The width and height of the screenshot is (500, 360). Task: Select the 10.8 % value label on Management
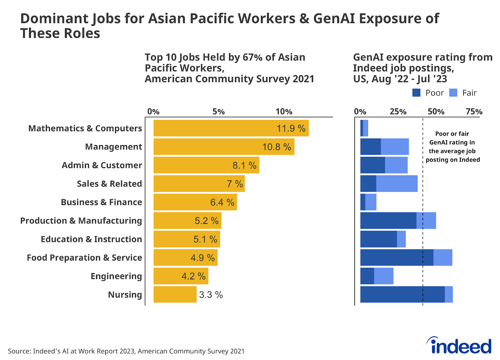[277, 147]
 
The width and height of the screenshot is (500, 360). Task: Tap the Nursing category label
[125, 295]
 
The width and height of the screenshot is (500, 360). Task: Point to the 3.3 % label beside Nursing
[211, 295]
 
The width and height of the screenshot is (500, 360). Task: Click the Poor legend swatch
[416, 92]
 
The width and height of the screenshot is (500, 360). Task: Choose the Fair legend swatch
[453, 92]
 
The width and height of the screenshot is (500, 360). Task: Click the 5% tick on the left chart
[218, 112]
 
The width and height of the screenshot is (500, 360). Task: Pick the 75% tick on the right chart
[474, 112]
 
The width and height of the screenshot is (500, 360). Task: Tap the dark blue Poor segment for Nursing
[402, 294]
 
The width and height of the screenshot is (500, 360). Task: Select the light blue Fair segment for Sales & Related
[397, 184]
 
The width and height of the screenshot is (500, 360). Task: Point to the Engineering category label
[116, 276]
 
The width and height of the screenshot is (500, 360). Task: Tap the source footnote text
[126, 351]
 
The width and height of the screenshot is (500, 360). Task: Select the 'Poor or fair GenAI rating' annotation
[452, 147]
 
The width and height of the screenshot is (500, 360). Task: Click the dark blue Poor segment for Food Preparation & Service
[397, 257]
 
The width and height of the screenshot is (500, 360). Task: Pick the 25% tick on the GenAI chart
[398, 112]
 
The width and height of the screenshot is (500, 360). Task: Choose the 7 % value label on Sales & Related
[235, 184]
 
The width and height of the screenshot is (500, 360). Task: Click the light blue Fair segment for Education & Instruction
[401, 239]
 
